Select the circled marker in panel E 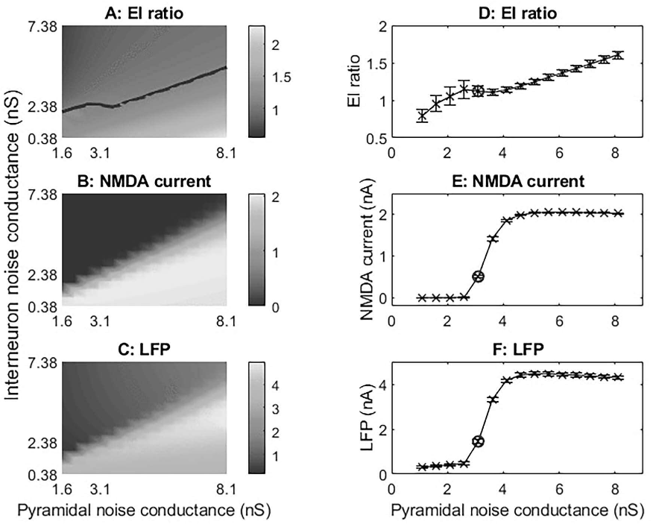(478, 277)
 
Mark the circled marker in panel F (478, 441)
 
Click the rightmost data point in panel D (617, 54)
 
